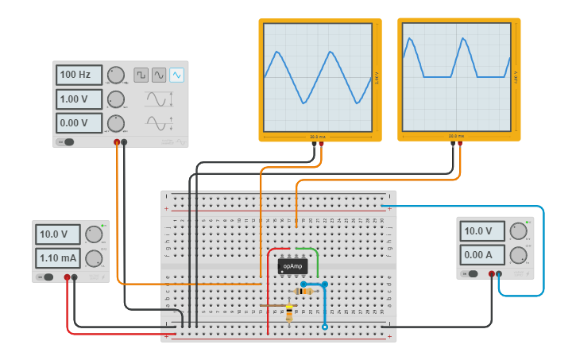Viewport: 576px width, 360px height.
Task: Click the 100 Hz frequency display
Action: pyautogui.click(x=79, y=75)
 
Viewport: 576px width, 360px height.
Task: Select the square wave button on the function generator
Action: pyautogui.click(x=141, y=75)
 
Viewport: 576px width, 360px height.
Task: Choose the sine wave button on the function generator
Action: pyautogui.click(x=159, y=75)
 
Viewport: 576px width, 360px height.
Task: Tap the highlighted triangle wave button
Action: pyautogui.click(x=176, y=75)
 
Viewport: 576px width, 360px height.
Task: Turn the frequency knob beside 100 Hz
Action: pyautogui.click(x=116, y=75)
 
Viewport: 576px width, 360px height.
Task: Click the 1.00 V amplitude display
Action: pyautogui.click(x=79, y=99)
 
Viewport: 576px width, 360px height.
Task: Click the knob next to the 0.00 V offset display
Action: pyautogui.click(x=116, y=123)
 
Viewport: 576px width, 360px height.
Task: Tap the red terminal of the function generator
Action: pyautogui.click(x=117, y=142)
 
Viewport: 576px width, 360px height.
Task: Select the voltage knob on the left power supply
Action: pyautogui.click(x=95, y=234)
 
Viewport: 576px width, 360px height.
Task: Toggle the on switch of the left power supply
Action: pyautogui.click(x=47, y=277)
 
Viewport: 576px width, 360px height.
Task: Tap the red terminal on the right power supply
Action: pyautogui.click(x=492, y=274)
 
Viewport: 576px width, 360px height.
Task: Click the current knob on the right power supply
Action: pyautogui.click(x=518, y=255)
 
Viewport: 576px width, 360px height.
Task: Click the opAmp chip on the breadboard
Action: pyautogui.click(x=292, y=266)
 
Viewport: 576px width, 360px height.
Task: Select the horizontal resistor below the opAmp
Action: pyautogui.click(x=303, y=292)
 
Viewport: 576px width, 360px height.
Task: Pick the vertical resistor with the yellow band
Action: pyautogui.click(x=288, y=312)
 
